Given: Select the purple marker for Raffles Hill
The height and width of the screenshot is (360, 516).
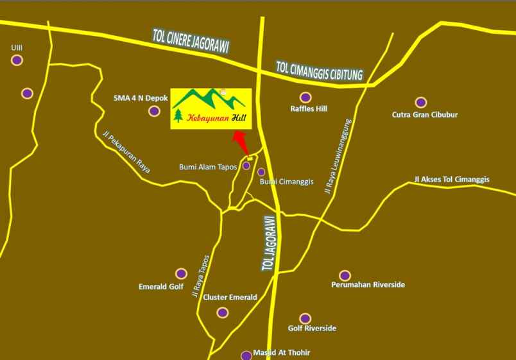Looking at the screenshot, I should pos(305,98).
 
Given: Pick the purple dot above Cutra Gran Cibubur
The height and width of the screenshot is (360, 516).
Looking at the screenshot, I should pos(420,102).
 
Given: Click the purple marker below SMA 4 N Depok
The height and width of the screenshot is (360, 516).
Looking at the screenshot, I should pos(153,111).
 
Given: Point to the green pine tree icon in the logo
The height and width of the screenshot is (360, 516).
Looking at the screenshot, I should pos(178,116).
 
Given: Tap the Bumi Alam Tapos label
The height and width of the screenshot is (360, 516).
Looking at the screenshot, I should pos(209,167).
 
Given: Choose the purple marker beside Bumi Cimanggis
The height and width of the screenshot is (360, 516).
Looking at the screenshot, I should pos(261,172).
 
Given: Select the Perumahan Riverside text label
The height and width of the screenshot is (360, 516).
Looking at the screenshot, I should pos(368,284).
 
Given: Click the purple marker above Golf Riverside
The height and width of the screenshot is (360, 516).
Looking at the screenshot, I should pos(305,318).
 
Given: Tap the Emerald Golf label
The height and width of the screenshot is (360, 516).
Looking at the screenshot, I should pos(161,286).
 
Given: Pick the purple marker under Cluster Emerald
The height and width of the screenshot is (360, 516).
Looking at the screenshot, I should pos(222,313).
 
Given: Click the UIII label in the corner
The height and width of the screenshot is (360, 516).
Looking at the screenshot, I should pos(17,47).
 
